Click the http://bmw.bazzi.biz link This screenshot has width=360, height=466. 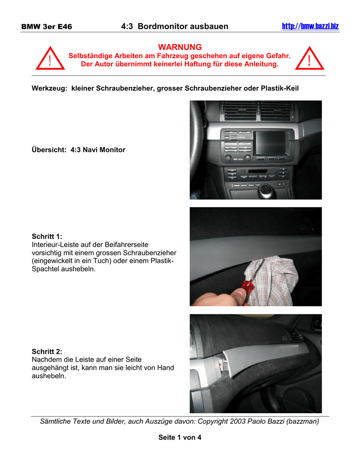(310, 26)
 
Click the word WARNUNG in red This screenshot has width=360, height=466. (180, 47)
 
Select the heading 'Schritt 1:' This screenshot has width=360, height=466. (47, 236)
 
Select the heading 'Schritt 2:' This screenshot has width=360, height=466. (47, 351)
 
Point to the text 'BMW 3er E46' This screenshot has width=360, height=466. (47, 27)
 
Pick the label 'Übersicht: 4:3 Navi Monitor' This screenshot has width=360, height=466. (78, 149)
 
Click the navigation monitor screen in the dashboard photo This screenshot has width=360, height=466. (270, 141)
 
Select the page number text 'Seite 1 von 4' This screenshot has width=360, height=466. (180, 437)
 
